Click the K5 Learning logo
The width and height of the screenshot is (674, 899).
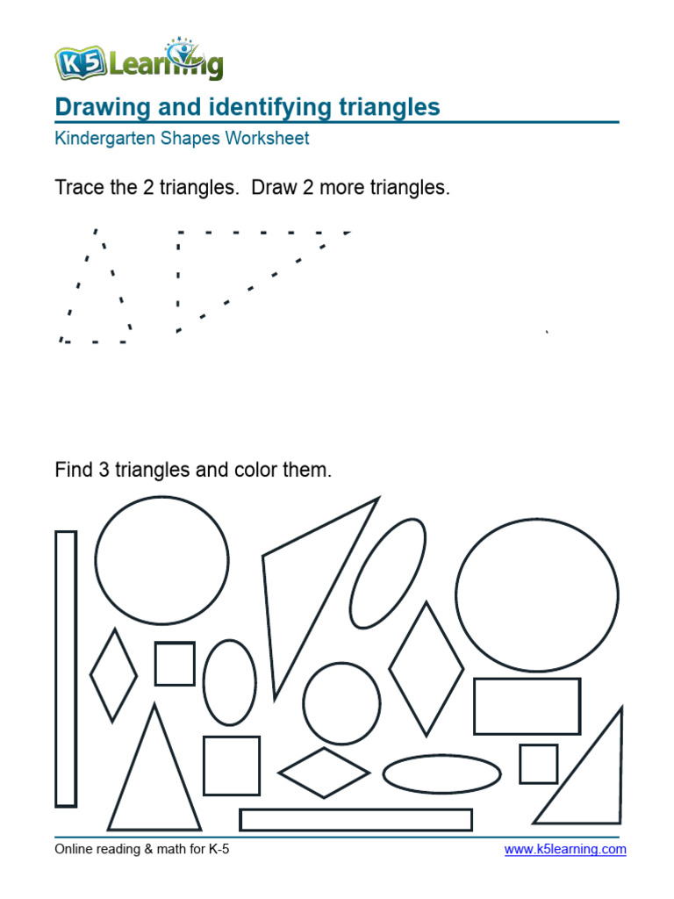click(x=139, y=61)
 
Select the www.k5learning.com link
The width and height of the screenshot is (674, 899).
click(x=565, y=849)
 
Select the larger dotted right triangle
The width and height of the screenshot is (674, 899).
click(x=228, y=263)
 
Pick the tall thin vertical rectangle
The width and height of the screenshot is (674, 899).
click(x=66, y=668)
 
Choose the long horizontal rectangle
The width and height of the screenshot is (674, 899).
click(x=355, y=820)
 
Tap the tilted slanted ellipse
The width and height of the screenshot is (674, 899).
click(x=387, y=573)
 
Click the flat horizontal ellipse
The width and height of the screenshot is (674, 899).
click(x=441, y=773)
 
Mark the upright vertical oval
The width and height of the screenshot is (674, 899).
click(x=230, y=682)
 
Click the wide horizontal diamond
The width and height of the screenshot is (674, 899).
click(x=324, y=773)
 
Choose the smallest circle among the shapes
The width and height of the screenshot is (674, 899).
click(x=341, y=703)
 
